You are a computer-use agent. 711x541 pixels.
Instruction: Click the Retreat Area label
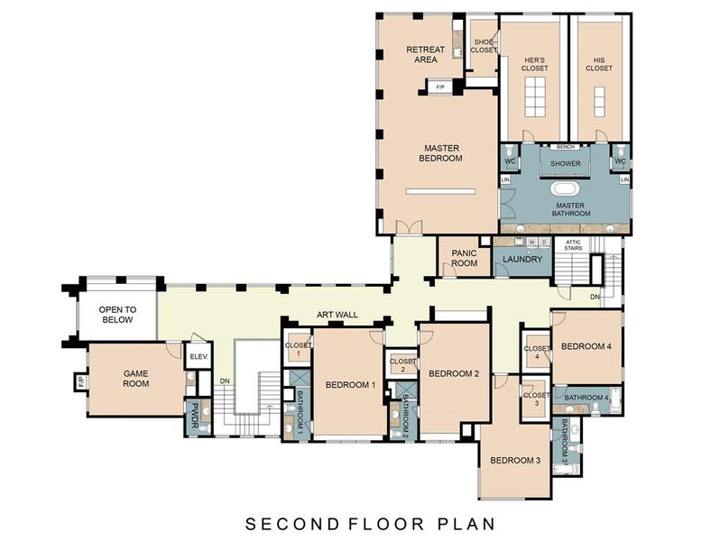421,54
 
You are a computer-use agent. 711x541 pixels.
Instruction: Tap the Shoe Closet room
484,46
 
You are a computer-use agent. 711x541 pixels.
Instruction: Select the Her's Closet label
535,64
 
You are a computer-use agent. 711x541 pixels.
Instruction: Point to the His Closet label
598,64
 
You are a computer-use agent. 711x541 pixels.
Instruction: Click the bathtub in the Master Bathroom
565,190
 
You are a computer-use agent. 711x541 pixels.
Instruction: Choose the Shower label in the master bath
565,163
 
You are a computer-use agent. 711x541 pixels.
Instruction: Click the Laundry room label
522,260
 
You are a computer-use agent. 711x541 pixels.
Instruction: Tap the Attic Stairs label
574,244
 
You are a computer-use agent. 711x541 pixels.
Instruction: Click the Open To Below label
116,314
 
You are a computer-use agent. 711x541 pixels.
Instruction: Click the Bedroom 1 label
349,385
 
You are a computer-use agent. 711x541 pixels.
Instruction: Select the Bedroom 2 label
453,373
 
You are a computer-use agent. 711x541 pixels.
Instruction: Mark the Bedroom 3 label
514,460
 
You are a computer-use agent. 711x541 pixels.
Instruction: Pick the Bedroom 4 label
586,345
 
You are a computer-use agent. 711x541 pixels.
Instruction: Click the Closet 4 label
536,352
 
